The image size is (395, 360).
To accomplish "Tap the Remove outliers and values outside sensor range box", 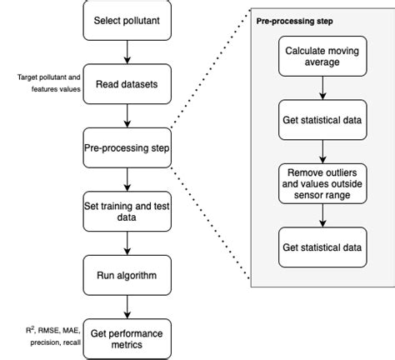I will [x=322, y=183].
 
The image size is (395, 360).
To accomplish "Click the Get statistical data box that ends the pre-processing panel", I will [x=322, y=247].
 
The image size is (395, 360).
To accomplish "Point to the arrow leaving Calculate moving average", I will [x=322, y=89].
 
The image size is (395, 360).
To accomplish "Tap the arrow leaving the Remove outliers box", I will [x=322, y=215].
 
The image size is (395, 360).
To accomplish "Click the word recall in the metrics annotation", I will [x=68, y=341].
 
